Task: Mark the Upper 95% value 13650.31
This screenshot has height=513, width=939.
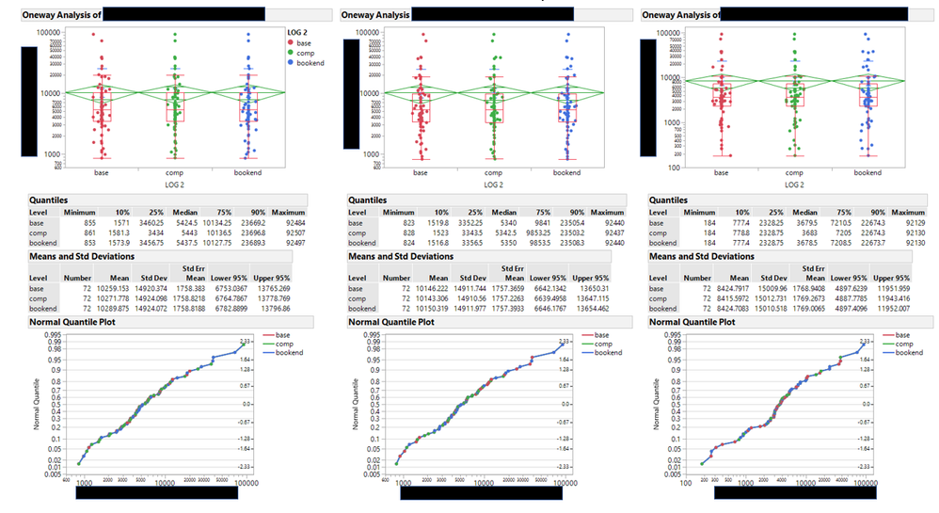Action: (x=605, y=287)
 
